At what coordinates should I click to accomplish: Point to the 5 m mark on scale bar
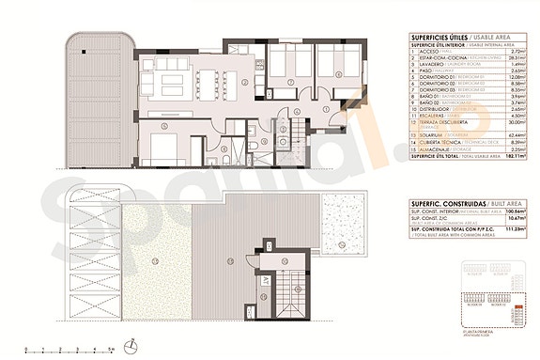pyautogui.click(x=111, y=349)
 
